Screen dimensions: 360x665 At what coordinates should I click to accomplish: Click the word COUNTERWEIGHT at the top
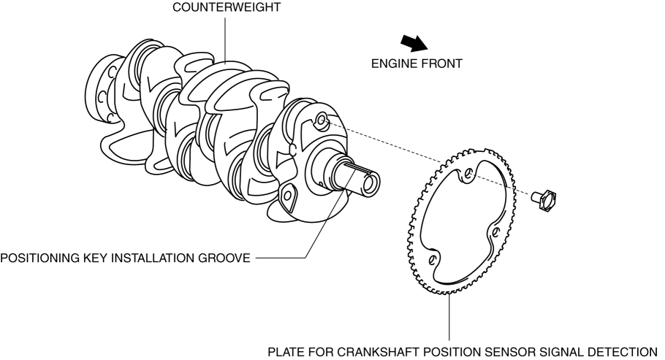coord(225,8)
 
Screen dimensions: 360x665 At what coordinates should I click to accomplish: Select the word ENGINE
coord(394,64)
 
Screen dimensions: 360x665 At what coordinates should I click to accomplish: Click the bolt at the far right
coord(547,197)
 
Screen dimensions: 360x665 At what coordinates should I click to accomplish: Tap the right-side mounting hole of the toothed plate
coord(496,232)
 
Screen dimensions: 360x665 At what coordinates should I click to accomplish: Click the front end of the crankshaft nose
coord(369,182)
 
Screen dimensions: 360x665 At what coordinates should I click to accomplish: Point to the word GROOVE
coord(226,257)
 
